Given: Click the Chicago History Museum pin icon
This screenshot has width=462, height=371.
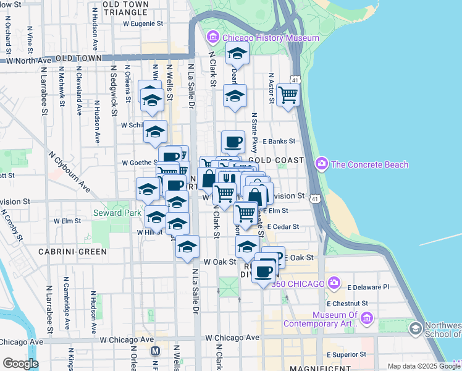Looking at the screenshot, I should tap(214, 38).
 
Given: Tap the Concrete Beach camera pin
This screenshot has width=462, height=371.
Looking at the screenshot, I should tap(321, 164).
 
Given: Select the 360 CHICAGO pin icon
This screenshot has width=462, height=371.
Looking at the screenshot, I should tap(334, 283).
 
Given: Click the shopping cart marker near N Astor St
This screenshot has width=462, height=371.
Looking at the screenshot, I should tap(288, 95).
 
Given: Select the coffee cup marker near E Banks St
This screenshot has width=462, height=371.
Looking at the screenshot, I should tap(233, 142).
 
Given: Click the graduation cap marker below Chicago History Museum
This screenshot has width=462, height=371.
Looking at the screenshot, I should tap(237, 55).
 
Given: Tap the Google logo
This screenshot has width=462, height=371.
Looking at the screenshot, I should tap(20, 364).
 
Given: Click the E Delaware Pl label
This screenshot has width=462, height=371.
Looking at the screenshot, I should tap(368, 287).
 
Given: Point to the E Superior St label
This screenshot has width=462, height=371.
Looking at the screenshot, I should tap(347, 354).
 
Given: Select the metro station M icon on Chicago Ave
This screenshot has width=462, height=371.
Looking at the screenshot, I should tap(156, 351).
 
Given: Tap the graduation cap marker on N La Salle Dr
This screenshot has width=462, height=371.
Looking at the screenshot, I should tap(187, 247).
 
